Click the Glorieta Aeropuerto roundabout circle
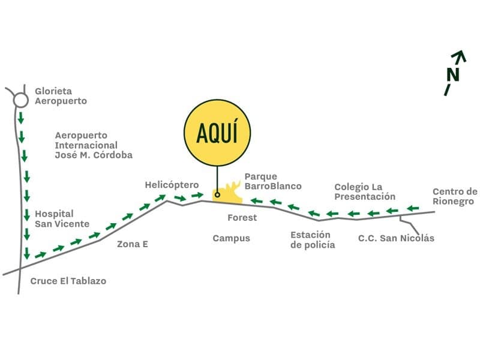[x=21, y=93]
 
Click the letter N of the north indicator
[x=453, y=74]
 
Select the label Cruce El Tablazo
[x=68, y=281]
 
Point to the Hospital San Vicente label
[x=62, y=219]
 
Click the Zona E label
[x=133, y=244]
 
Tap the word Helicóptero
[x=172, y=185]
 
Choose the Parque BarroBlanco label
[x=273, y=181]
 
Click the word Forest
[x=242, y=218]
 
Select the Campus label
[x=232, y=238]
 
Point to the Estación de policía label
[x=313, y=239]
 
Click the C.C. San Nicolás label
[x=396, y=238]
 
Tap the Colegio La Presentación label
[x=365, y=191]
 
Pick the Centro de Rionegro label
[x=455, y=197]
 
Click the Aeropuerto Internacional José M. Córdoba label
[x=94, y=145]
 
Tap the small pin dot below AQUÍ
[x=217, y=194]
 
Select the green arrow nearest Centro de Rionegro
[x=413, y=208]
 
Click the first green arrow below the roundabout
[x=21, y=118]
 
